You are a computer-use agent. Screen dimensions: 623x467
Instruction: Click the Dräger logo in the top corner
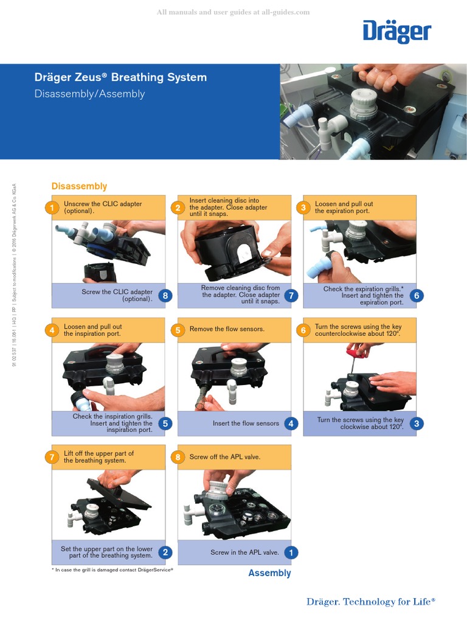click(396, 32)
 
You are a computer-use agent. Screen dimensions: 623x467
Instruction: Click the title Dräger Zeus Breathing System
click(120, 77)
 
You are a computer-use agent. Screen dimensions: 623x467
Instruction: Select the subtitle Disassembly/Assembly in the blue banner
click(89, 94)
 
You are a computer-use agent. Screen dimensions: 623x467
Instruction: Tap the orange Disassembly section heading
click(79, 186)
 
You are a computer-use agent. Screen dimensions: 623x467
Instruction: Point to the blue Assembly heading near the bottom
click(269, 573)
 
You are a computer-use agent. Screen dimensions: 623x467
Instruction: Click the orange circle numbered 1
click(52, 208)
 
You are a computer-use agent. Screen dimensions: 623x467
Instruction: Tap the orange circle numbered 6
click(303, 330)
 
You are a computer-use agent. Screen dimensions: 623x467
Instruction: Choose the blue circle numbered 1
click(291, 552)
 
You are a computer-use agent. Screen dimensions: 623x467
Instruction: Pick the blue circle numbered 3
click(417, 423)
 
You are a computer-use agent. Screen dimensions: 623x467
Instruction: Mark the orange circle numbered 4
click(52, 330)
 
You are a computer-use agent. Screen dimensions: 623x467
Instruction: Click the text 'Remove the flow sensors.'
click(227, 329)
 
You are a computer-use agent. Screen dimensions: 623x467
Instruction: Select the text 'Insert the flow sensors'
click(246, 423)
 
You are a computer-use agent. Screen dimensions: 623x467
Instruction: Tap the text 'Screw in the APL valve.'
click(244, 552)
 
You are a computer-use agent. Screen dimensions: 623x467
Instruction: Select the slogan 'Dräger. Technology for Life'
click(371, 602)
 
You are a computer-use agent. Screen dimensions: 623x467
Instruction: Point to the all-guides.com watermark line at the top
click(233, 12)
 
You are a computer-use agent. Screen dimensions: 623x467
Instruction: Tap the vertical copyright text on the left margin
click(14, 274)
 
